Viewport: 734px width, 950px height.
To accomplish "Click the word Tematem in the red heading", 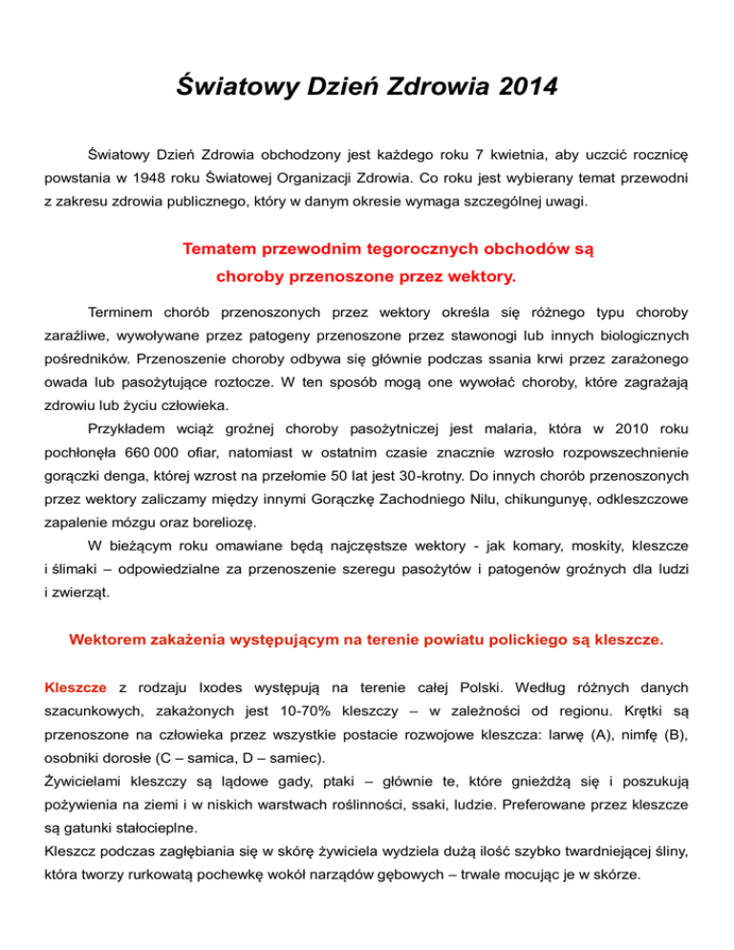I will tap(220, 250).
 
